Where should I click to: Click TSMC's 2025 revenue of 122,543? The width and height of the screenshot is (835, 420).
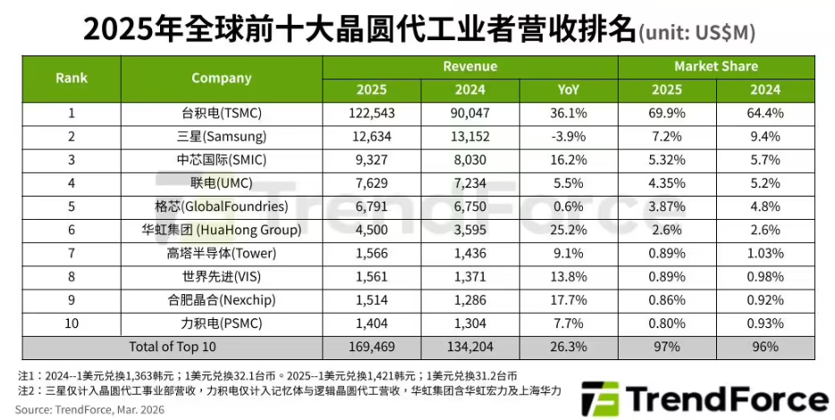372,113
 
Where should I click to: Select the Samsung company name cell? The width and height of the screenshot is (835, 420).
222,137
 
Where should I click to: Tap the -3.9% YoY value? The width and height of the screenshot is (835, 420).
569,137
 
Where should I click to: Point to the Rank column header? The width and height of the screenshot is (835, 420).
72,79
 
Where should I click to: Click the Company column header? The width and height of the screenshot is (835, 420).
222,79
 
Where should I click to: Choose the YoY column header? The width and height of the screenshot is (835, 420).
569,90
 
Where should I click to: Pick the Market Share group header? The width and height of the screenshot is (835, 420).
716,66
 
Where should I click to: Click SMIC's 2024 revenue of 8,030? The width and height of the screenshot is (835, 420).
470,160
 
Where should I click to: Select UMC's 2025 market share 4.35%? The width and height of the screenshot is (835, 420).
667,184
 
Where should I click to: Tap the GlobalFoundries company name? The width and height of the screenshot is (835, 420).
222,206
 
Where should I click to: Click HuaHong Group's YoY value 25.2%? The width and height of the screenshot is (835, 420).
569,230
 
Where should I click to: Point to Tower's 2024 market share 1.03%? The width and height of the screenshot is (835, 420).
765,254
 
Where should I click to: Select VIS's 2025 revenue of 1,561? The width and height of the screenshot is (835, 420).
372,277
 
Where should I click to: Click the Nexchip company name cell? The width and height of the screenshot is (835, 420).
222,300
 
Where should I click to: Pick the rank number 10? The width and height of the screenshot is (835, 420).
72,323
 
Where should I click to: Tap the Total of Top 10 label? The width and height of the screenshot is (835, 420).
173,347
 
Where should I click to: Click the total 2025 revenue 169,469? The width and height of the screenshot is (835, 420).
372,347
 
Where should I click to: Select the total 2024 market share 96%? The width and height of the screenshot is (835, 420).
765,347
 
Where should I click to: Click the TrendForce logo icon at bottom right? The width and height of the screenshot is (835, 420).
600,399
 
